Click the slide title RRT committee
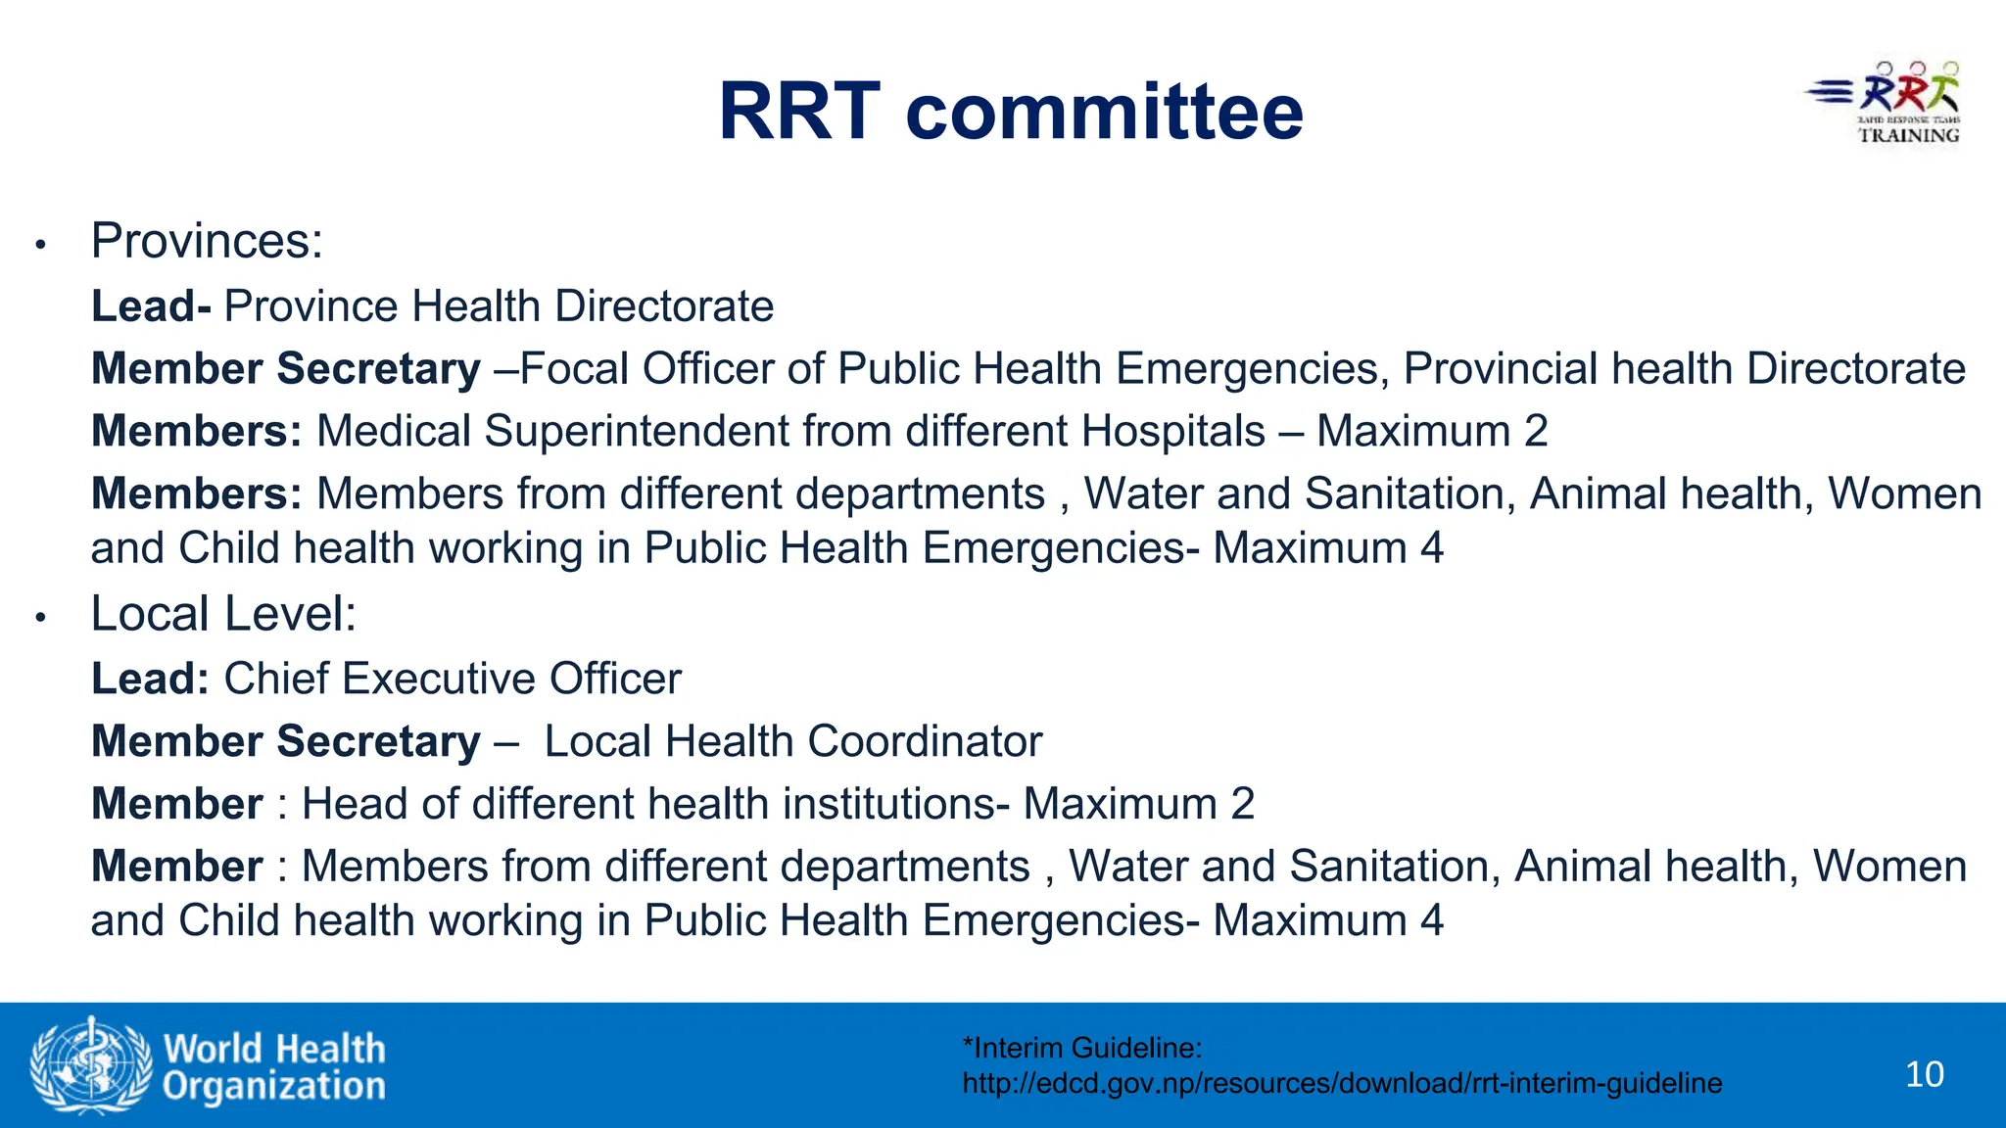pos(1010,112)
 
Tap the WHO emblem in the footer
pos(90,1065)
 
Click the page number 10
pos(1924,1074)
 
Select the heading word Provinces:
pos(207,241)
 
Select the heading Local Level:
pos(223,614)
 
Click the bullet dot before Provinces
pos(40,245)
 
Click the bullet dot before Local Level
pos(40,618)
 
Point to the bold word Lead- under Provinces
pos(151,306)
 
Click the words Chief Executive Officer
pos(453,680)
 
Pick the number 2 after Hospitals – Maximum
pos(1536,432)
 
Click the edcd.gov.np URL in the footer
pos(1342,1084)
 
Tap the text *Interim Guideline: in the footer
pos(1081,1049)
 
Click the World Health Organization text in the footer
pos(274,1067)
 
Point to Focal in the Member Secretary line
pos(574,369)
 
